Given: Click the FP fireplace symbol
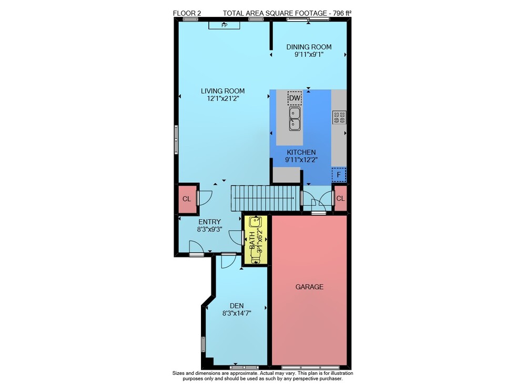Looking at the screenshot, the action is coord(225,25).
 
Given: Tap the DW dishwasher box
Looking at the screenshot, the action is coord(295,98).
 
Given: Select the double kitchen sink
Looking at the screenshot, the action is coord(295,119).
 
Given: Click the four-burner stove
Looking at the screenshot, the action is coord(339,117).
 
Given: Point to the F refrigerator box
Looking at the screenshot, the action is coord(339,175).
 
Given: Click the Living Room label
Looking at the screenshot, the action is coord(222,91).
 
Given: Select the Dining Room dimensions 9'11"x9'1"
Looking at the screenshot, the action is coord(309,54).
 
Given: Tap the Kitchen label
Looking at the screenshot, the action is coord(301,152).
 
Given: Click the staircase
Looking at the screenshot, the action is coord(265,198).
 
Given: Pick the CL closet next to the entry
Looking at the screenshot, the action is coord(187,199).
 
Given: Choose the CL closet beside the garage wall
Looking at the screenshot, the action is coord(340,198).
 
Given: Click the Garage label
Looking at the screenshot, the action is coord(309,287).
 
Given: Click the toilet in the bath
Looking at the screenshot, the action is coord(256,257).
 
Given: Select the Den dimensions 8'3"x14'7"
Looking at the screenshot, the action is coord(237,313).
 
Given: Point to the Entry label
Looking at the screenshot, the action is coord(210,222).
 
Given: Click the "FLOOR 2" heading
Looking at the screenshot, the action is coord(187,14).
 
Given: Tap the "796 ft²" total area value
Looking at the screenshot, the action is coord(342,13).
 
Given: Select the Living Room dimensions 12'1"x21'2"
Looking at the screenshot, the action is coord(222,98).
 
